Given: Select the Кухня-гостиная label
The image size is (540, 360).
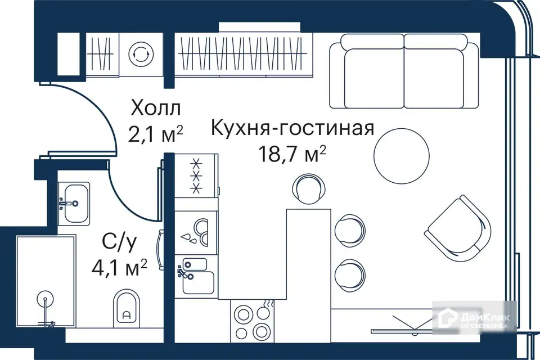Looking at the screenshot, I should tap(292, 128).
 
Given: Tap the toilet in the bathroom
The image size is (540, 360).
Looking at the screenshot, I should tap(127, 308).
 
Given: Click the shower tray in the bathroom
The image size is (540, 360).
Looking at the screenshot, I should tap(46, 281).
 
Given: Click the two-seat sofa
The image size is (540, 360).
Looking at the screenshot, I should tap(403, 70).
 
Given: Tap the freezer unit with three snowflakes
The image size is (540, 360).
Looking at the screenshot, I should tap(196, 177).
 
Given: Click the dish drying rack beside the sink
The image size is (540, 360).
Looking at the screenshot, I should tap(196, 232).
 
